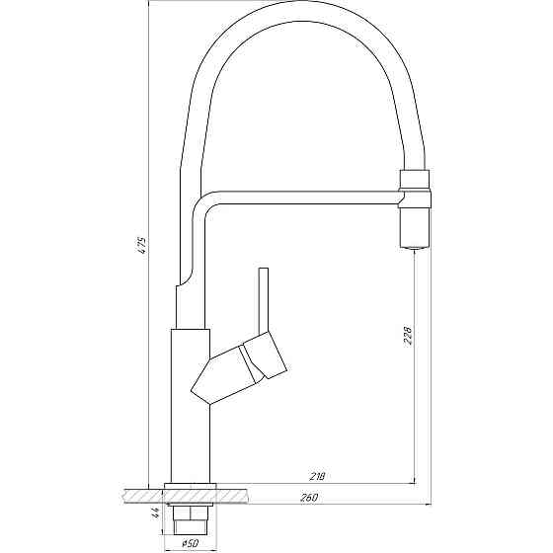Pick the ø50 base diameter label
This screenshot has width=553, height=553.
tap(192, 543)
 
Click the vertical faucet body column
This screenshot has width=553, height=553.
tap(191, 405)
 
